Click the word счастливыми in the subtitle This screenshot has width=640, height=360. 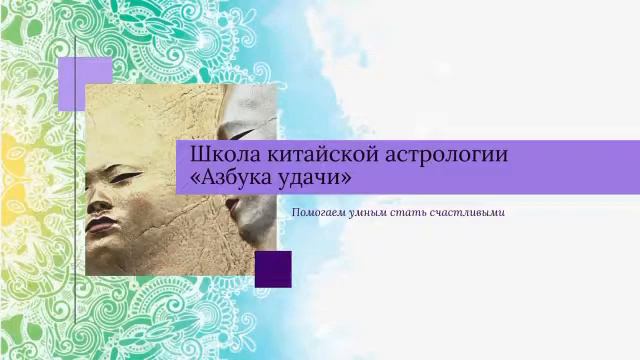coord(468,212)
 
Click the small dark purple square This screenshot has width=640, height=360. coord(273,269)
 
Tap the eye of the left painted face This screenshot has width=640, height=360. coord(124,178)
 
